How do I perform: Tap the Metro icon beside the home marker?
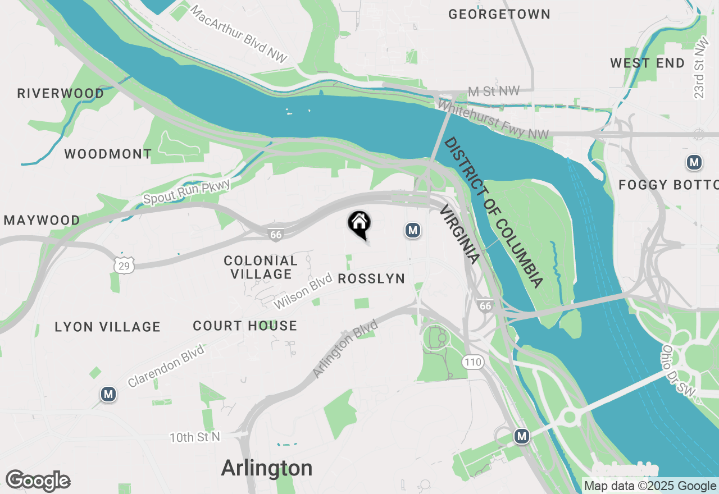tap(413, 230)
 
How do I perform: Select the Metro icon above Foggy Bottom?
tap(694, 163)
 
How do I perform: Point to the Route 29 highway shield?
tap(124, 266)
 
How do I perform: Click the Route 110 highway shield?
tap(473, 362)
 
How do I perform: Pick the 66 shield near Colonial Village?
tap(276, 235)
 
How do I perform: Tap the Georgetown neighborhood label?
tap(499, 15)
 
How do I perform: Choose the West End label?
tap(647, 63)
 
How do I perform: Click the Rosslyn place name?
tap(371, 279)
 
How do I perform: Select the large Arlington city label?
tap(267, 468)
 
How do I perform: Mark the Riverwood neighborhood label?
tap(61, 93)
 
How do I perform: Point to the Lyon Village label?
tap(108, 327)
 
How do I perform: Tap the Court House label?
tap(245, 326)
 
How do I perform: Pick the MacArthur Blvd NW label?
tap(239, 35)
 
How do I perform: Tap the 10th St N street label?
tap(195, 437)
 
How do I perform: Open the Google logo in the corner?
tap(38, 481)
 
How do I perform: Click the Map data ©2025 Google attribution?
tap(650, 486)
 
